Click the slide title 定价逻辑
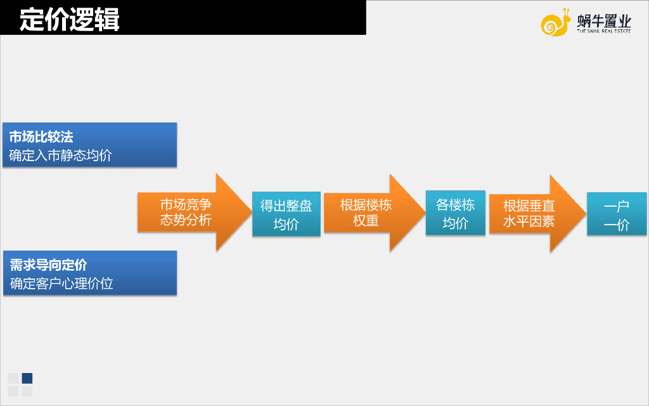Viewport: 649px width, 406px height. tap(70, 19)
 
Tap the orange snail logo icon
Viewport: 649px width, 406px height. tap(555, 23)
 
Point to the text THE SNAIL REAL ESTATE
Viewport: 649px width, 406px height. tap(604, 30)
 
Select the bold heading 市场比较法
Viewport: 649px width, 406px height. tap(41, 136)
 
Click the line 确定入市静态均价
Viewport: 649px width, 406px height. tap(60, 155)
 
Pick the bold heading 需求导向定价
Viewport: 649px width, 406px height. tap(48, 265)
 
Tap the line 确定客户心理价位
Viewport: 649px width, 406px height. tap(61, 283)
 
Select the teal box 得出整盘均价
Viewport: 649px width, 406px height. tap(286, 214)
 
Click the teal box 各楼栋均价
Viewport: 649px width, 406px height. tap(455, 213)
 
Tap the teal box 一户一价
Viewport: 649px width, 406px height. tap(616, 214)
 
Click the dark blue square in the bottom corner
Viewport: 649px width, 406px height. tap(27, 378)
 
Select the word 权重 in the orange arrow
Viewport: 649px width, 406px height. tap(366, 221)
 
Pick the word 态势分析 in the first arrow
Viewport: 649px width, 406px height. tap(186, 221)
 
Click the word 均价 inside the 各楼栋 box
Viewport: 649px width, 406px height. tap(455, 223)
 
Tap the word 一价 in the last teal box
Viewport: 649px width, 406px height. tap(616, 225)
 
